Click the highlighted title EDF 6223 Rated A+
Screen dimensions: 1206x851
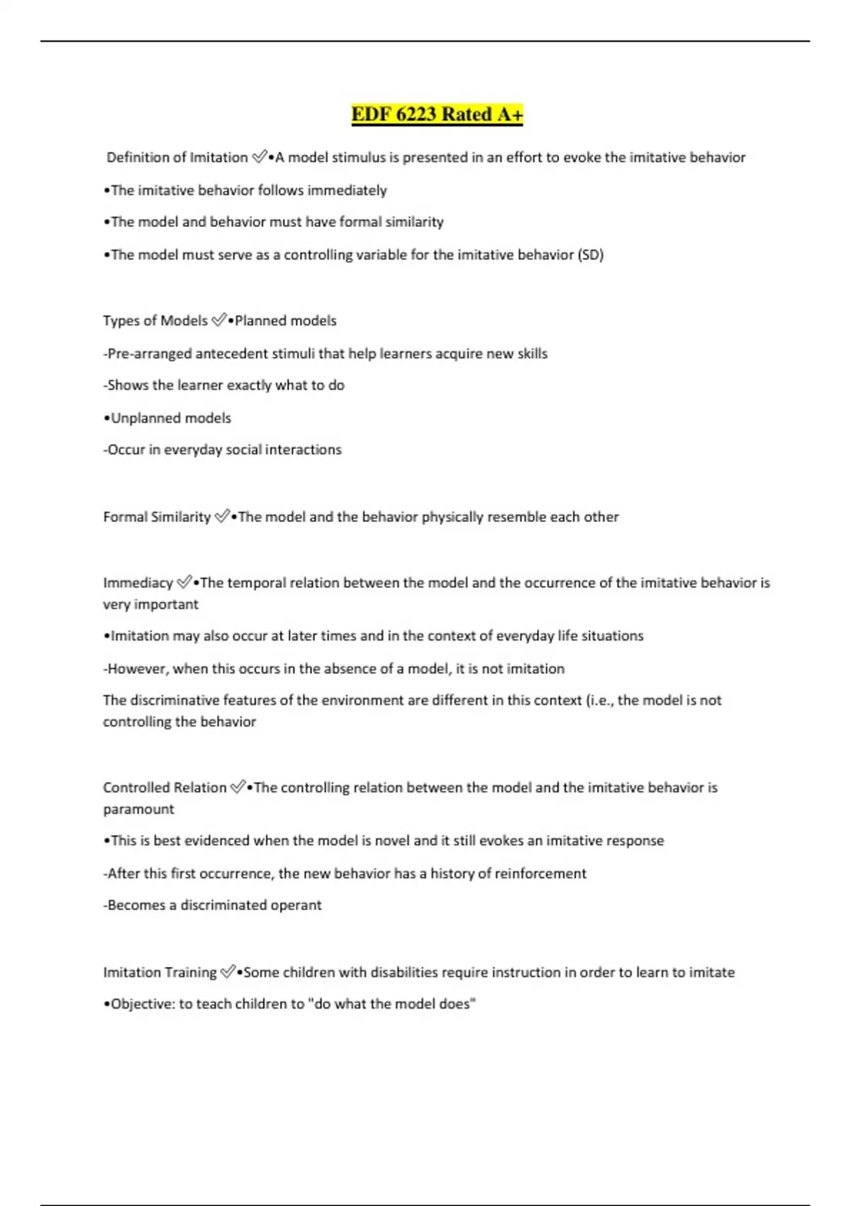point(437,114)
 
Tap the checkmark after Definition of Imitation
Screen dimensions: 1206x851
point(260,157)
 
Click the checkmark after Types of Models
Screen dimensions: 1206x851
point(219,320)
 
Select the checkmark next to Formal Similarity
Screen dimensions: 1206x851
point(222,516)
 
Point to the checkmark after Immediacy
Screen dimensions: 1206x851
point(184,582)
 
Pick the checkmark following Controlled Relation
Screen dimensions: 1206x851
point(238,787)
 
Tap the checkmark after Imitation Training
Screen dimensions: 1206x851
point(228,972)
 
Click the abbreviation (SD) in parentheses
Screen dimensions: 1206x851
point(591,255)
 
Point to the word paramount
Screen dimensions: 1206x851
point(138,809)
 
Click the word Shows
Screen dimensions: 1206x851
point(128,385)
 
